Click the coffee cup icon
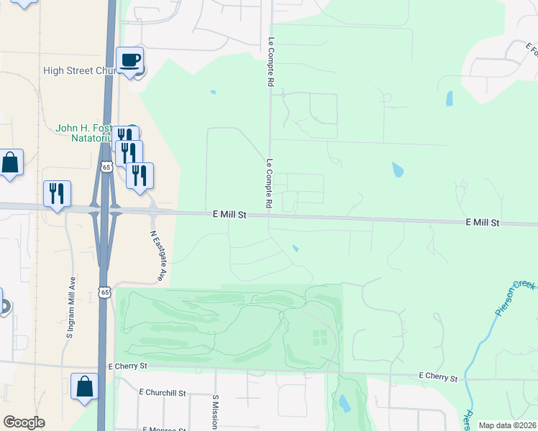(x=129, y=60)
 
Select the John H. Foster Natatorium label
(x=85, y=132)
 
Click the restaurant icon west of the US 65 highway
(x=56, y=193)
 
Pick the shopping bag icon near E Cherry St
(x=84, y=386)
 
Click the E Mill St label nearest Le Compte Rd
(x=229, y=215)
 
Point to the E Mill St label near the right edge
(x=482, y=223)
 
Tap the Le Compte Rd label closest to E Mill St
(x=269, y=184)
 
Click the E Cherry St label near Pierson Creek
(x=439, y=376)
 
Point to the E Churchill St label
(x=164, y=394)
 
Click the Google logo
(x=24, y=422)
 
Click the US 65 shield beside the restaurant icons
(x=106, y=167)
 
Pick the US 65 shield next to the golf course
(x=105, y=292)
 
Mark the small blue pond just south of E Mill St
(x=296, y=249)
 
